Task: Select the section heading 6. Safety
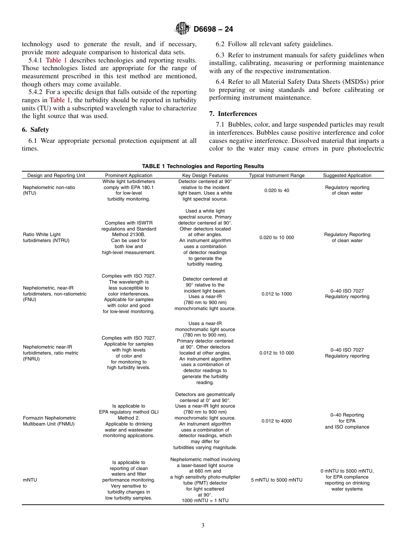tap(35, 130)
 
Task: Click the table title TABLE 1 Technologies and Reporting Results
tap(203, 166)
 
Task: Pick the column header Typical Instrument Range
tap(277, 175)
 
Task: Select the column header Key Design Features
tap(205, 175)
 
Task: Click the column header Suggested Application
tap(347, 175)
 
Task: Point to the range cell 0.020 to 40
tap(277, 190)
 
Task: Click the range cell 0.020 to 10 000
tap(277, 237)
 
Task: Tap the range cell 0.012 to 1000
tap(277, 294)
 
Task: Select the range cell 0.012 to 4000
tap(277, 421)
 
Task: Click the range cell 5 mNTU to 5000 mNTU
tap(277, 480)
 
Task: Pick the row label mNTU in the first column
tap(30, 480)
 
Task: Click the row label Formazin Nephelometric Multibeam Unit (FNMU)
tap(50, 421)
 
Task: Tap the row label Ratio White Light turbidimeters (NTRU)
tap(46, 237)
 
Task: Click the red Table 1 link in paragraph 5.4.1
tap(56, 60)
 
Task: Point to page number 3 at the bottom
tap(203, 526)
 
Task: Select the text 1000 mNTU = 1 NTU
tap(205, 500)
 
